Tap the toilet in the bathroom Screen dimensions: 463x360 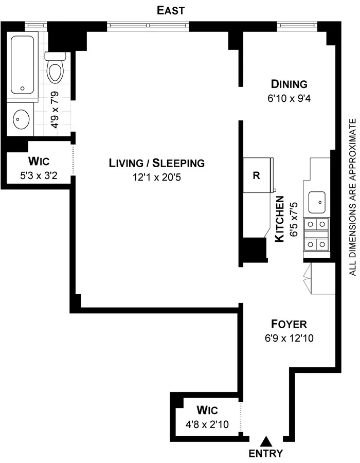coord(55,69)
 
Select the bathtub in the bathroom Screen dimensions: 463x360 coord(23,63)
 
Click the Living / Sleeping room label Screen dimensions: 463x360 coord(156,163)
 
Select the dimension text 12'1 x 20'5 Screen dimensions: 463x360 coord(156,178)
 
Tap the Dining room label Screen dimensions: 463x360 coord(289,84)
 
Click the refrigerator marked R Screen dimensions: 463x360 coord(257,175)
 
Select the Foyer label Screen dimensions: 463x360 coord(289,324)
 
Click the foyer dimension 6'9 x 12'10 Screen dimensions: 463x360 coord(289,339)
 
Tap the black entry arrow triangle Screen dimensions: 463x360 coord(266,441)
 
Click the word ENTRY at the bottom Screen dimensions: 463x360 coord(266,453)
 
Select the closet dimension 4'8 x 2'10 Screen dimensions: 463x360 coord(207,425)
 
